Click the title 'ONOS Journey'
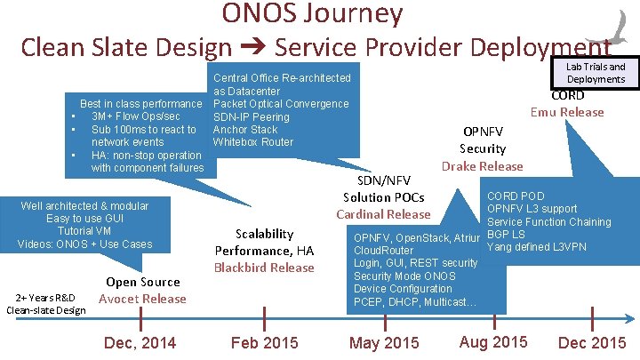point(312,13)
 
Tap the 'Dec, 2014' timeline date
point(140,343)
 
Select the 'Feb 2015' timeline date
point(265,343)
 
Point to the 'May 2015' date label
point(384,343)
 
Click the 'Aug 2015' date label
point(493,342)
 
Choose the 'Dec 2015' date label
point(591,343)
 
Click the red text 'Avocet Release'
point(142,299)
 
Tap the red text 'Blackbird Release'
point(264,268)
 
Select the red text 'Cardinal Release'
point(383,214)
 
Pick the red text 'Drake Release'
point(483,166)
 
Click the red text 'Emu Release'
point(567,112)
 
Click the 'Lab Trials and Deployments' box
point(595,73)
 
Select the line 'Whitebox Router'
point(252,142)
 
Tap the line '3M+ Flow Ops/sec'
point(135,117)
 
